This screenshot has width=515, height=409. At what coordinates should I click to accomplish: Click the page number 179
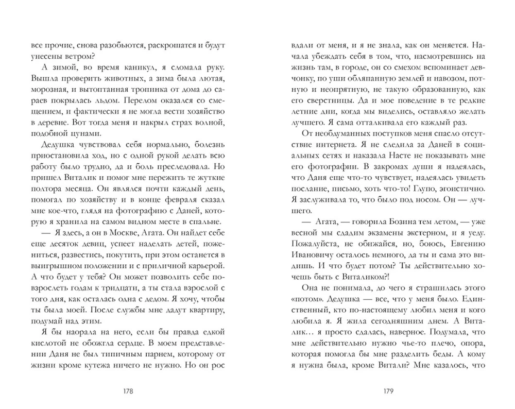389,390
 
